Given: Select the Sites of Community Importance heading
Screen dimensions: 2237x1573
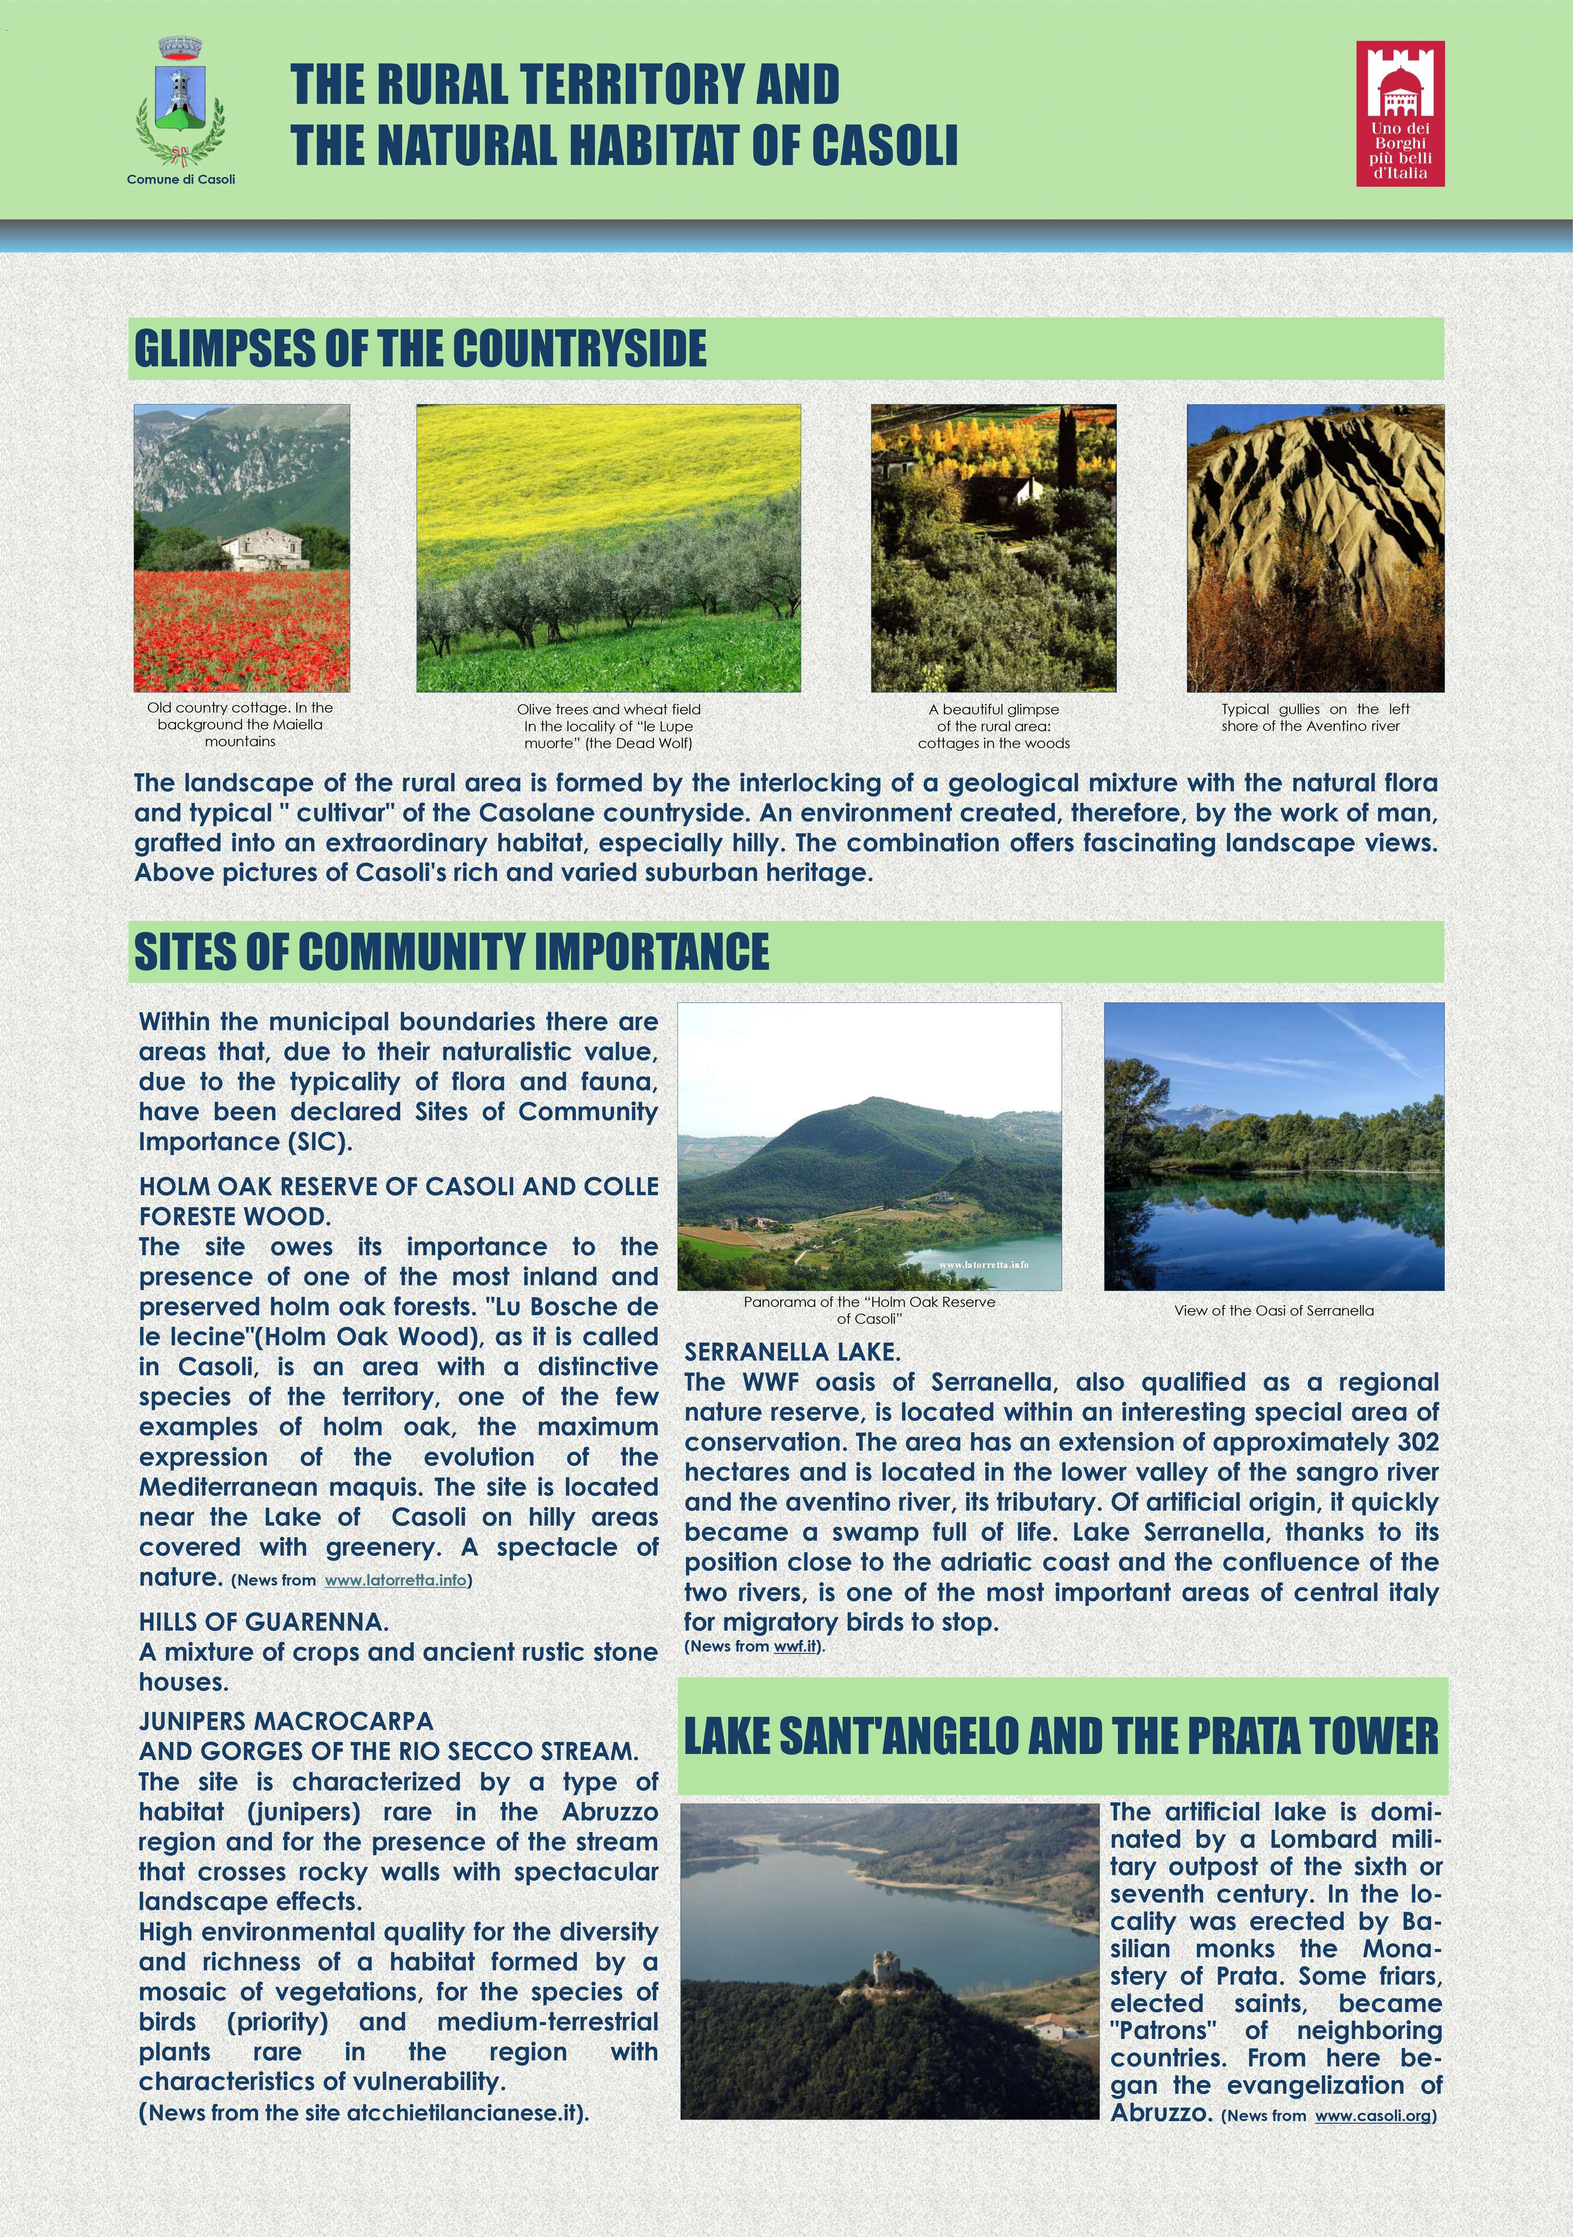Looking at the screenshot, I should (x=451, y=952).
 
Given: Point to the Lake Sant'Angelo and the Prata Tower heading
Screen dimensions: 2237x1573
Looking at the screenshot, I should (x=1061, y=1736).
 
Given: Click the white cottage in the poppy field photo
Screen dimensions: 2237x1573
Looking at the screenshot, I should (x=263, y=549).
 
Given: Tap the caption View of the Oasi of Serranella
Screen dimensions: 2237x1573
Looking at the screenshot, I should (x=1274, y=1310).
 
